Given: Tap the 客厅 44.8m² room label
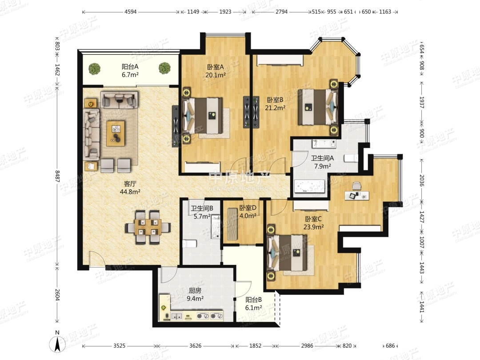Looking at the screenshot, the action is pos(130,188).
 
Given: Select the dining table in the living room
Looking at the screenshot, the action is pos(148,227).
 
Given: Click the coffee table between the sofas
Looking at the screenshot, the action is pos(116,133).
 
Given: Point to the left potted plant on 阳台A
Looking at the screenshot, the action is pos(95,68).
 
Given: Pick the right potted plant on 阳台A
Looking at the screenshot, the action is pos(165,68).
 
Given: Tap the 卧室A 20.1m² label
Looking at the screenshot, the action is pos(216,71).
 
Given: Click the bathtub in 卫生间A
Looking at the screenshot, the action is pos(309,186).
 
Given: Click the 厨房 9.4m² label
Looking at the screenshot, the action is pos(195,295).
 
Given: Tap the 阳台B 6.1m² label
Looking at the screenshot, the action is pos(253,304).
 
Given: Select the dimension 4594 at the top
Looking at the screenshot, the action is pos(130,12).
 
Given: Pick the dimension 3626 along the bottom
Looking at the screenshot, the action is pos(195,346).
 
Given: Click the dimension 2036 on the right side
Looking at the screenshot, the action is pos(421,180).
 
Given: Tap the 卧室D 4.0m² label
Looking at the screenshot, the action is pos(248,212).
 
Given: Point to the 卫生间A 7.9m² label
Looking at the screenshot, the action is pos(322,162).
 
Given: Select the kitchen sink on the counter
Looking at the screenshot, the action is pos(176,316).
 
